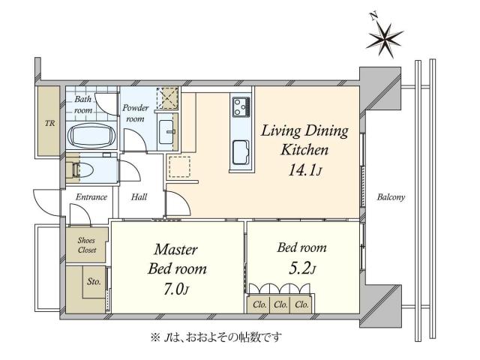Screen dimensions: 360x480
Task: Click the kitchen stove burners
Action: click(241, 109)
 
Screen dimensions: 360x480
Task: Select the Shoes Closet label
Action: click(87, 245)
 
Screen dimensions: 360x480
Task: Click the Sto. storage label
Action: click(94, 283)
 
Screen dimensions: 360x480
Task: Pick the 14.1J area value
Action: click(304, 171)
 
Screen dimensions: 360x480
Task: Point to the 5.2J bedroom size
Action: click(304, 269)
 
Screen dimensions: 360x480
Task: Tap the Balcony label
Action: click(391, 198)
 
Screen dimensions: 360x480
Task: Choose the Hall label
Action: click(139, 197)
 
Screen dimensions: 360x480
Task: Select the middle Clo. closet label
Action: click(280, 304)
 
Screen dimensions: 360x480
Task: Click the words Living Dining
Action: click(304, 132)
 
